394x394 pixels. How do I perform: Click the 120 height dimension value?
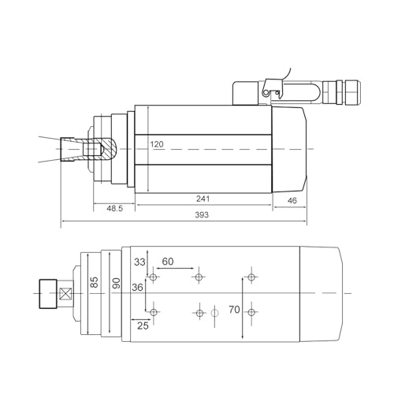click(x=158, y=144)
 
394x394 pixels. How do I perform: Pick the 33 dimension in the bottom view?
click(x=140, y=262)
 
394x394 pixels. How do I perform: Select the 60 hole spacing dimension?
click(x=167, y=261)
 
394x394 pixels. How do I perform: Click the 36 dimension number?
click(x=138, y=288)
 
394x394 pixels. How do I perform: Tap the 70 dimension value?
click(x=234, y=310)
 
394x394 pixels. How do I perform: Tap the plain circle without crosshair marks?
click(x=214, y=313)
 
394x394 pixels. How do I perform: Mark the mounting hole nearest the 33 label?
click(x=153, y=277)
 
